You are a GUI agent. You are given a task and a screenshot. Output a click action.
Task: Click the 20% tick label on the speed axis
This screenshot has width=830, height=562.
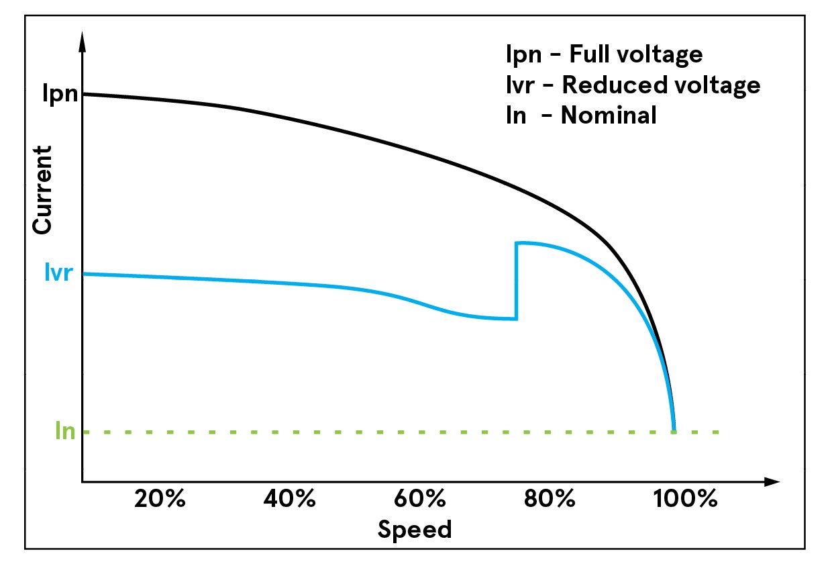click(160, 500)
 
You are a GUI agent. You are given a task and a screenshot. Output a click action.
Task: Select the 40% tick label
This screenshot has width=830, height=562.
click(290, 500)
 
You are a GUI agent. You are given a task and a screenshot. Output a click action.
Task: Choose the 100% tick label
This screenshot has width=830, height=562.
click(685, 500)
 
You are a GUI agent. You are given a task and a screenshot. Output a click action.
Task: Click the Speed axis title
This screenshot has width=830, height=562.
click(415, 530)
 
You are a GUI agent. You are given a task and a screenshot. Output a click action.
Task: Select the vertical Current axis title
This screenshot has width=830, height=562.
click(42, 190)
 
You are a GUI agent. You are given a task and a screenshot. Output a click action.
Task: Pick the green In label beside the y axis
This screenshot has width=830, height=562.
click(65, 430)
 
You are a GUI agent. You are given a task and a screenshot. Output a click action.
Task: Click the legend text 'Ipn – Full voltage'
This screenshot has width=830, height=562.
click(604, 54)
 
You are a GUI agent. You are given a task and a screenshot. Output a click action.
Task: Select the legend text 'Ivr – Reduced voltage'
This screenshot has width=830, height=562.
click(633, 85)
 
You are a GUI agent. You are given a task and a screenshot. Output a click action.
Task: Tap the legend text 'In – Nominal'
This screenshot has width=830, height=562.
click(581, 115)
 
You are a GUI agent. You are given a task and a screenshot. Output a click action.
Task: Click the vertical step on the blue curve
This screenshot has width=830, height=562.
click(516, 280)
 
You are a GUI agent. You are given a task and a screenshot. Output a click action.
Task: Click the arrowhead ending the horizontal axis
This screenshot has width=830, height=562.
click(772, 481)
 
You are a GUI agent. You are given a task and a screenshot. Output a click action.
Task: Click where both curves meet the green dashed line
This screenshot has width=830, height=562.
click(674, 430)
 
